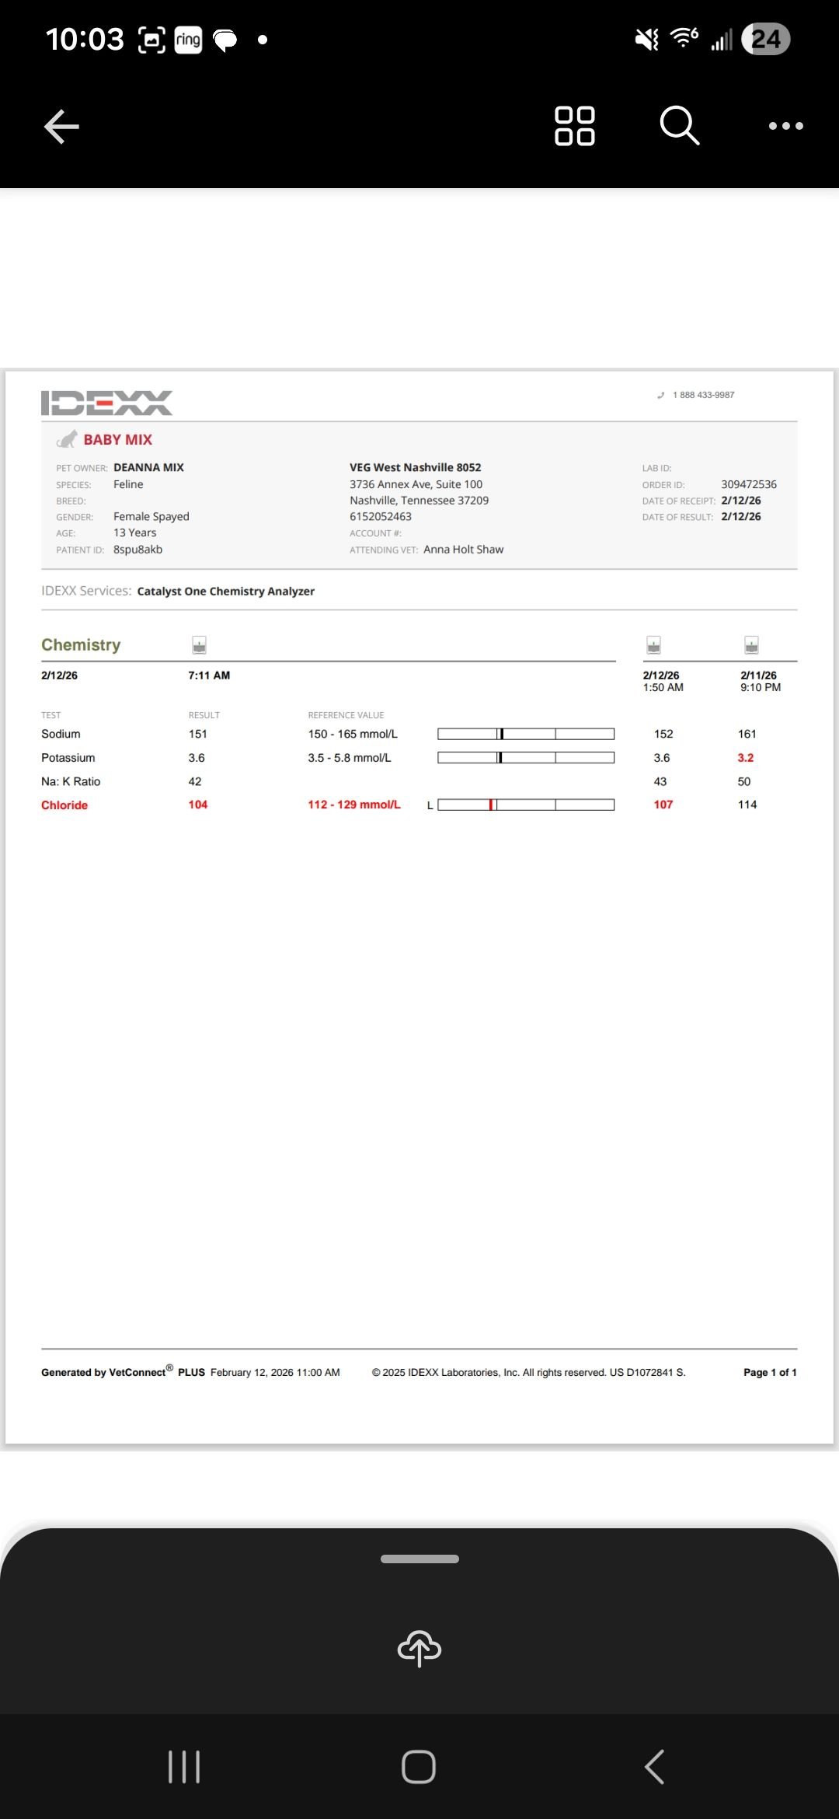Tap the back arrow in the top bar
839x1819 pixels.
(62, 127)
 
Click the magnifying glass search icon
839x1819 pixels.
(679, 125)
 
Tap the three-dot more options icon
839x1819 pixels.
(785, 126)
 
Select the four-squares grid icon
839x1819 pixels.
(575, 126)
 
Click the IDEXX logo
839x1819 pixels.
(106, 403)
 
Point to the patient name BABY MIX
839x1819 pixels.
(117, 440)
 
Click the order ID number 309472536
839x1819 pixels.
(748, 484)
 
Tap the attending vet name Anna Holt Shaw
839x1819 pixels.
(463, 550)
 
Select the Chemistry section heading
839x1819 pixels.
(81, 645)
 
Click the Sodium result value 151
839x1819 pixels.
(197, 734)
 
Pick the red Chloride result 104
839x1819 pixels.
(197, 805)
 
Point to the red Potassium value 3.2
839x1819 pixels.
(745, 758)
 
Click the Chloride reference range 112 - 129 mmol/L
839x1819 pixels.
(353, 805)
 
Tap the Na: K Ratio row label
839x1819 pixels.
(71, 781)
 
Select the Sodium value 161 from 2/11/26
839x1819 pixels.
(747, 734)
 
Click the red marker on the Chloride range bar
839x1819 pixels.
(491, 805)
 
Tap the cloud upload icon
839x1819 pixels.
(419, 1648)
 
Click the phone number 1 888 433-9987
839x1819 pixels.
(703, 395)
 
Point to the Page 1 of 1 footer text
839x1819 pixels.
(769, 1372)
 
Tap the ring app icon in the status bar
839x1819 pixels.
(188, 40)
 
